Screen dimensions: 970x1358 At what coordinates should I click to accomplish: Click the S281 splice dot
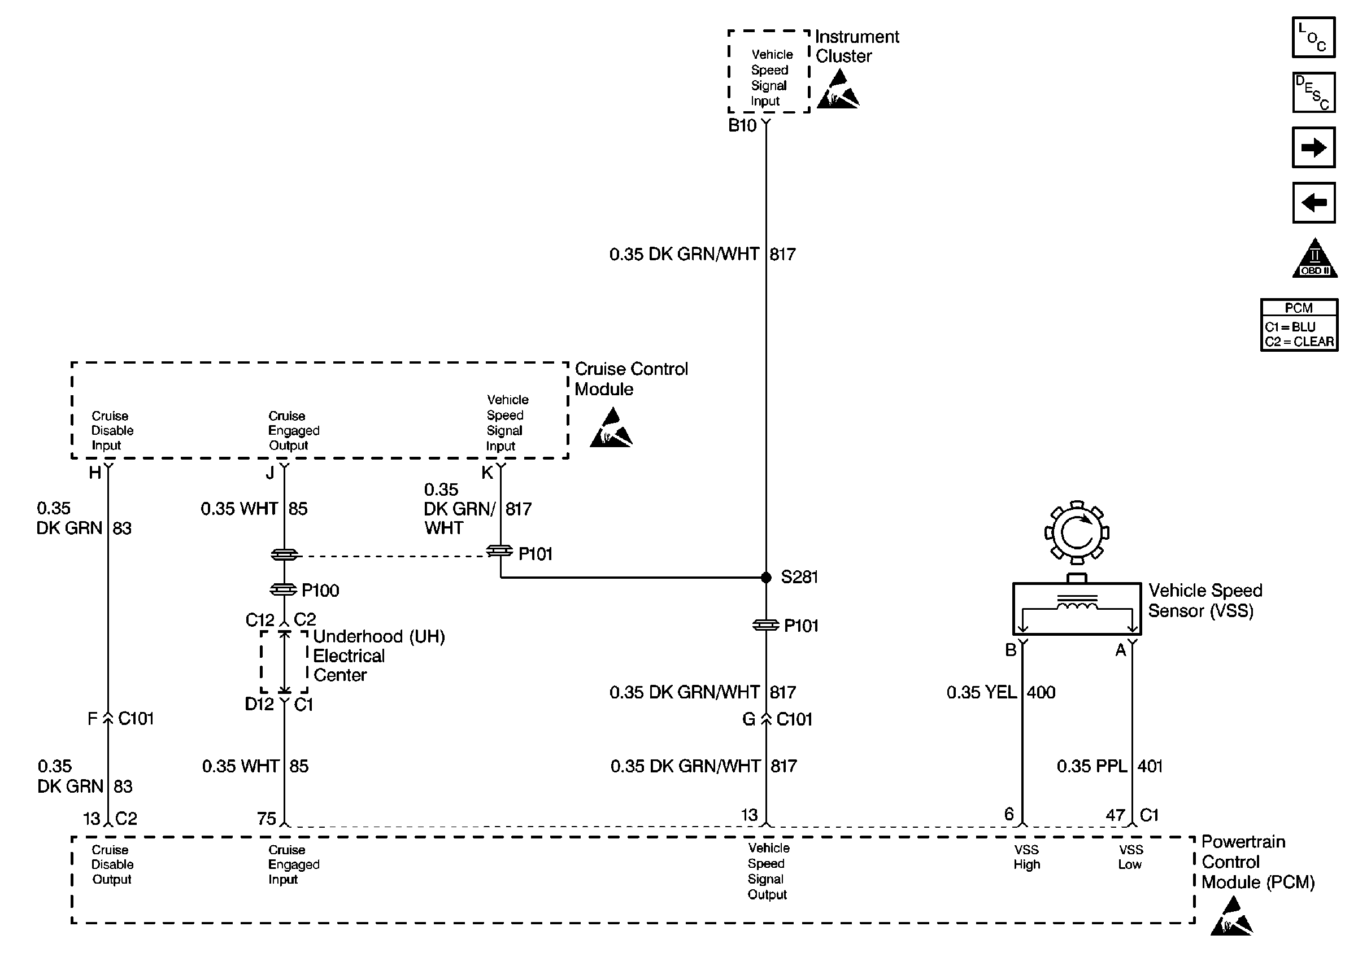click(766, 578)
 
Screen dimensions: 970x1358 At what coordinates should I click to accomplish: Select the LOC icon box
click(1313, 38)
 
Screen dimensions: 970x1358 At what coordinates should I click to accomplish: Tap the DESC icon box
click(1313, 93)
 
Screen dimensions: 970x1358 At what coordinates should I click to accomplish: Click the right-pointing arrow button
click(1313, 147)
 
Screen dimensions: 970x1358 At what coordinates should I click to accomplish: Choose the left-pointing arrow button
click(1313, 203)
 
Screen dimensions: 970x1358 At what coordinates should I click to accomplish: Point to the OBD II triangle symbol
click(1315, 260)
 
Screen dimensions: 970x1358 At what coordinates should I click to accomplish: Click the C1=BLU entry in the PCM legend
click(1290, 327)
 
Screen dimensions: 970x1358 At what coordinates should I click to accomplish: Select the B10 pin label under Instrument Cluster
click(742, 125)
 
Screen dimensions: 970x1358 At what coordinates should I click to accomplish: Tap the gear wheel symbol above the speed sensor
click(1077, 532)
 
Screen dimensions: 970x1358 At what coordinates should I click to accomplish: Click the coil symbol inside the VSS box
click(1077, 605)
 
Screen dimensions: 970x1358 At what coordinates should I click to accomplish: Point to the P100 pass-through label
click(320, 591)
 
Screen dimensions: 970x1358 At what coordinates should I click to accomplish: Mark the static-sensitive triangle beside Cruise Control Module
click(611, 429)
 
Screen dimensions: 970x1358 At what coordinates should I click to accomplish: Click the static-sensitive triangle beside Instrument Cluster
click(838, 90)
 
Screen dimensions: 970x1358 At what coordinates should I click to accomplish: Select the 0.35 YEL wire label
click(981, 692)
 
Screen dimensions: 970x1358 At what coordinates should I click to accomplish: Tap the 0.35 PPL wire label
click(1091, 766)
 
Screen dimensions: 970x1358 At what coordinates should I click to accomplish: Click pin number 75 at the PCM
click(267, 818)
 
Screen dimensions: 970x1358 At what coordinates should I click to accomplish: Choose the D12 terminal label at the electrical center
click(259, 704)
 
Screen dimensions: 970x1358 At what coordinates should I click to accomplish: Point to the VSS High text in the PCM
click(1026, 857)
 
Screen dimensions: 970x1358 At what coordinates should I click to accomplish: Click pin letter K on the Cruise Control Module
click(487, 473)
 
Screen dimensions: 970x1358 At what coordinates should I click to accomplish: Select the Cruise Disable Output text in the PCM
click(112, 864)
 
